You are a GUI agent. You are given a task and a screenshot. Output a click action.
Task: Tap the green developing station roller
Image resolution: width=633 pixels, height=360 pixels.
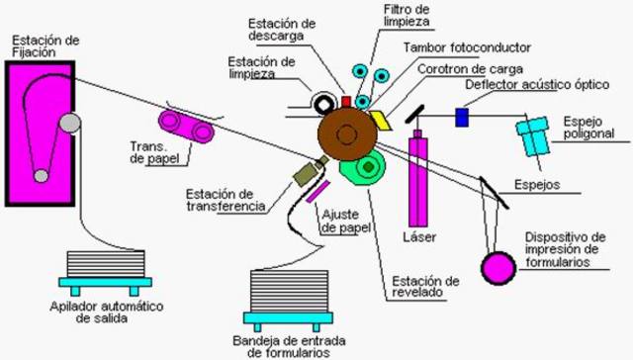(365, 170)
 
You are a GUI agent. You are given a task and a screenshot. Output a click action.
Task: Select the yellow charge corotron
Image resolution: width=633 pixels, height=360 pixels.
(379, 120)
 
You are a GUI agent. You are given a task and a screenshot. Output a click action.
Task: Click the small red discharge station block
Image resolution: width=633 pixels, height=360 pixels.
(346, 101)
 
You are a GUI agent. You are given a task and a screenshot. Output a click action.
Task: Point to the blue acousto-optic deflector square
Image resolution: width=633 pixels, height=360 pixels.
(461, 117)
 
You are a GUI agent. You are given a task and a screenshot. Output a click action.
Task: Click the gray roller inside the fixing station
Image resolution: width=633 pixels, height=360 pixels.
(68, 123)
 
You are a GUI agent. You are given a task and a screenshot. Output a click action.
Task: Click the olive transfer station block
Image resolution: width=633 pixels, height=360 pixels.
(306, 175)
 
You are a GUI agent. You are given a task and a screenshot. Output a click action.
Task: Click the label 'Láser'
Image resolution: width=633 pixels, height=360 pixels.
(420, 237)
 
